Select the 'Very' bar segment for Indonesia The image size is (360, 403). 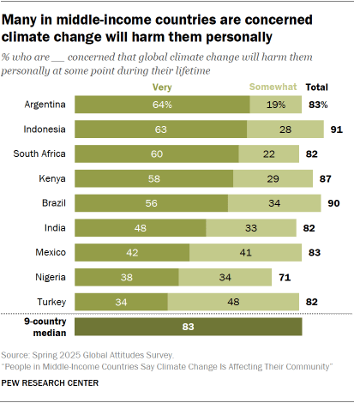coord(161,129)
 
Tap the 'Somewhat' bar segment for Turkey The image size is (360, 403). coord(233,302)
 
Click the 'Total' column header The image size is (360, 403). coord(316,87)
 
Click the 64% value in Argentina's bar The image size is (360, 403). coord(163,104)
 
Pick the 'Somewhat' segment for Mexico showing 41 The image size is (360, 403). coord(245,252)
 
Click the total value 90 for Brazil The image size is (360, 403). coord(333,203)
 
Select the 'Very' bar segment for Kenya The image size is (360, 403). coord(154,178)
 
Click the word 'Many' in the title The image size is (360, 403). coord(26,17)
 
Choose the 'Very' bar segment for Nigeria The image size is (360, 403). coord(127,277)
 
